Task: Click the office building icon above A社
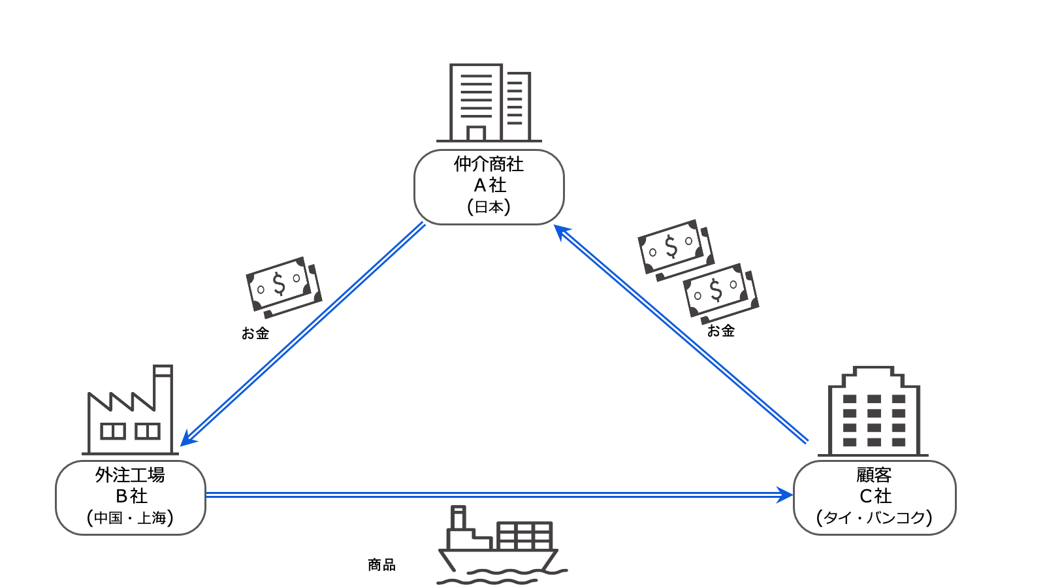(x=489, y=103)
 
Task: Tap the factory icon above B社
(x=131, y=412)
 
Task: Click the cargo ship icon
(x=500, y=546)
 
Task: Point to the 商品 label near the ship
(x=381, y=564)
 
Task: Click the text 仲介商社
(x=489, y=164)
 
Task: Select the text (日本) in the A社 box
(x=489, y=207)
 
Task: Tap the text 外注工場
(x=130, y=475)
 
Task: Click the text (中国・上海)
(x=130, y=517)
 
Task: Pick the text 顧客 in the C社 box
(x=874, y=475)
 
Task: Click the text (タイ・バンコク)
(x=874, y=517)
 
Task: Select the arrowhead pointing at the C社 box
(x=785, y=495)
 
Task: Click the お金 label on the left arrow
(x=255, y=333)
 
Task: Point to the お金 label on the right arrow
(x=721, y=331)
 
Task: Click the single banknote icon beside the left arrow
(x=283, y=286)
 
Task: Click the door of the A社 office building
(x=476, y=133)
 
